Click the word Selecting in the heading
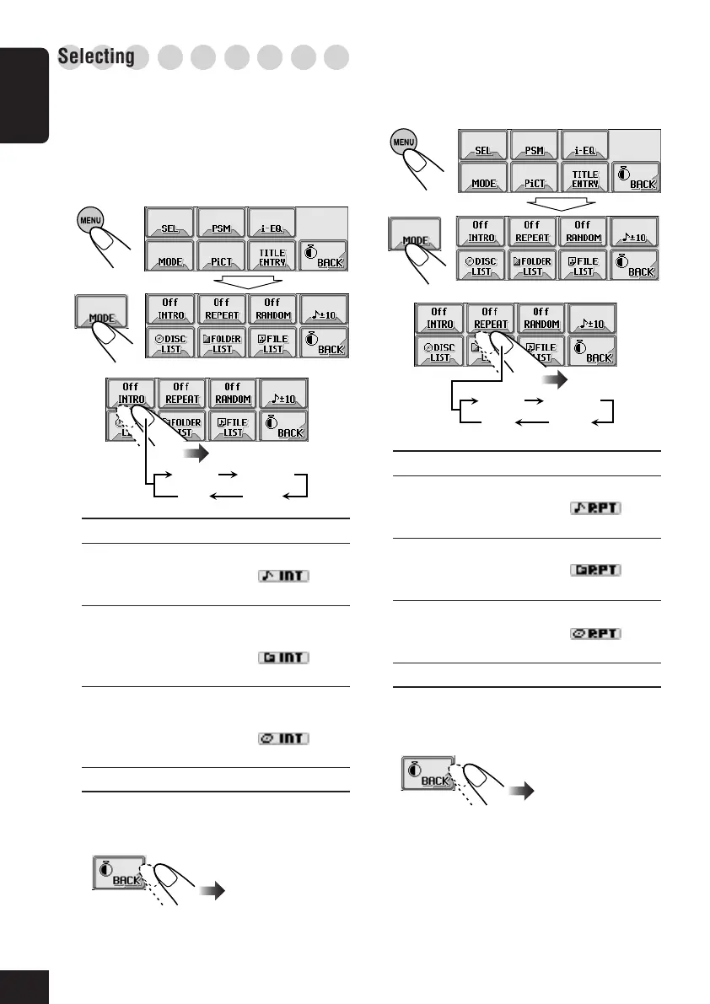point(97,57)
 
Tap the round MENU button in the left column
point(91,220)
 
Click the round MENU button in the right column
point(405,142)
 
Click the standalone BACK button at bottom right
point(428,774)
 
